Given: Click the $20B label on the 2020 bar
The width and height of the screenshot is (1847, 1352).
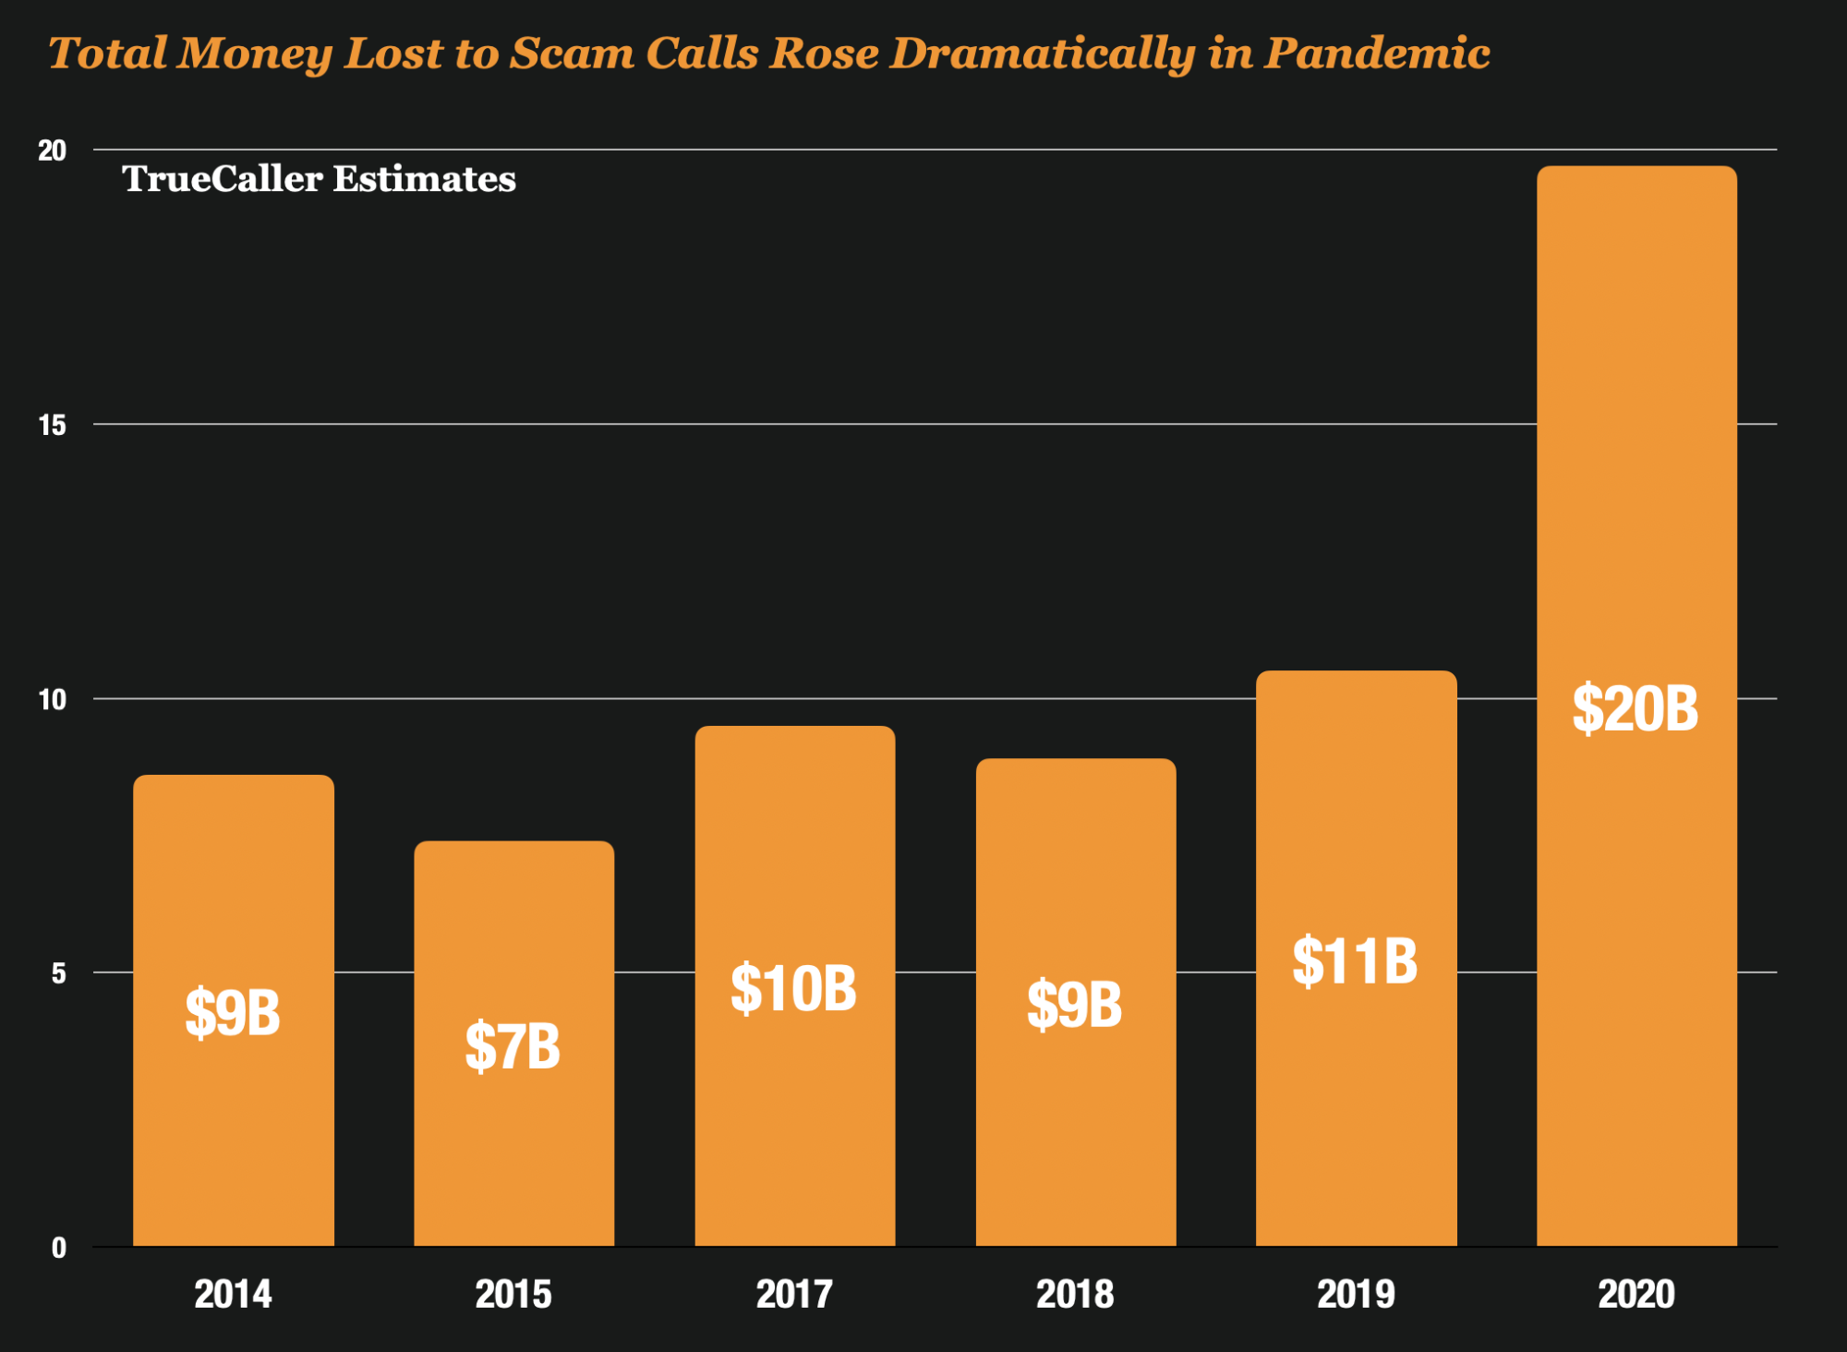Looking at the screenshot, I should pos(1636,709).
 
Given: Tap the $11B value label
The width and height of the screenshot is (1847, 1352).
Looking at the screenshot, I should pos(1355,961).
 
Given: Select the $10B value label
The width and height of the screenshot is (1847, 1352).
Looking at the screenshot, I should pos(793,989).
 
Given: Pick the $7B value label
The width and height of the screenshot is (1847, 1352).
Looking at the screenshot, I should pos(513,1046).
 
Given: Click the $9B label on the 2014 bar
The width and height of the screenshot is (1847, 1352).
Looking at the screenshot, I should pos(233,1013).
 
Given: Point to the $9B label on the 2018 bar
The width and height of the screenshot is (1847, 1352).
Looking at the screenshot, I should pos(1074,1005).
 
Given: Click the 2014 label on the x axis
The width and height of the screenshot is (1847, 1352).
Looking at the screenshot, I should pos(233,1294).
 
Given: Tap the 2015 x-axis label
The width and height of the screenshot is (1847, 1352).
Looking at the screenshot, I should pos(513,1294).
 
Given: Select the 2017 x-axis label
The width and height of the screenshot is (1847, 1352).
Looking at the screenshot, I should pos(794,1294).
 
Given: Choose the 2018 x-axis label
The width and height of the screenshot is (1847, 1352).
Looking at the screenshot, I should pos(1075,1294).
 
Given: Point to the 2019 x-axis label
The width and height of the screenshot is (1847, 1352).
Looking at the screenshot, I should pos(1356,1294).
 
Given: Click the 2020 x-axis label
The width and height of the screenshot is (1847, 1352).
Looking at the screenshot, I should pos(1636,1294).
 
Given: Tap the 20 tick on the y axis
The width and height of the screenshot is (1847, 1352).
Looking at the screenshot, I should pos(52,151).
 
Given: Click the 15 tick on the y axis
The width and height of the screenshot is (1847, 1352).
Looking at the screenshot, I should pos(52,425).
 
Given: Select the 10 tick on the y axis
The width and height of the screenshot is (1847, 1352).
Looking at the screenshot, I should pos(52,700).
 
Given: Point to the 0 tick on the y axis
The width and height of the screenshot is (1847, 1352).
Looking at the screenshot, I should pos(59,1249).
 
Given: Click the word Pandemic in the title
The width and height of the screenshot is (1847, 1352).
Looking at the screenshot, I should pos(1377,54).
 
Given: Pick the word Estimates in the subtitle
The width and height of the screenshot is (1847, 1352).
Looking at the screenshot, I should pos(424,179).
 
